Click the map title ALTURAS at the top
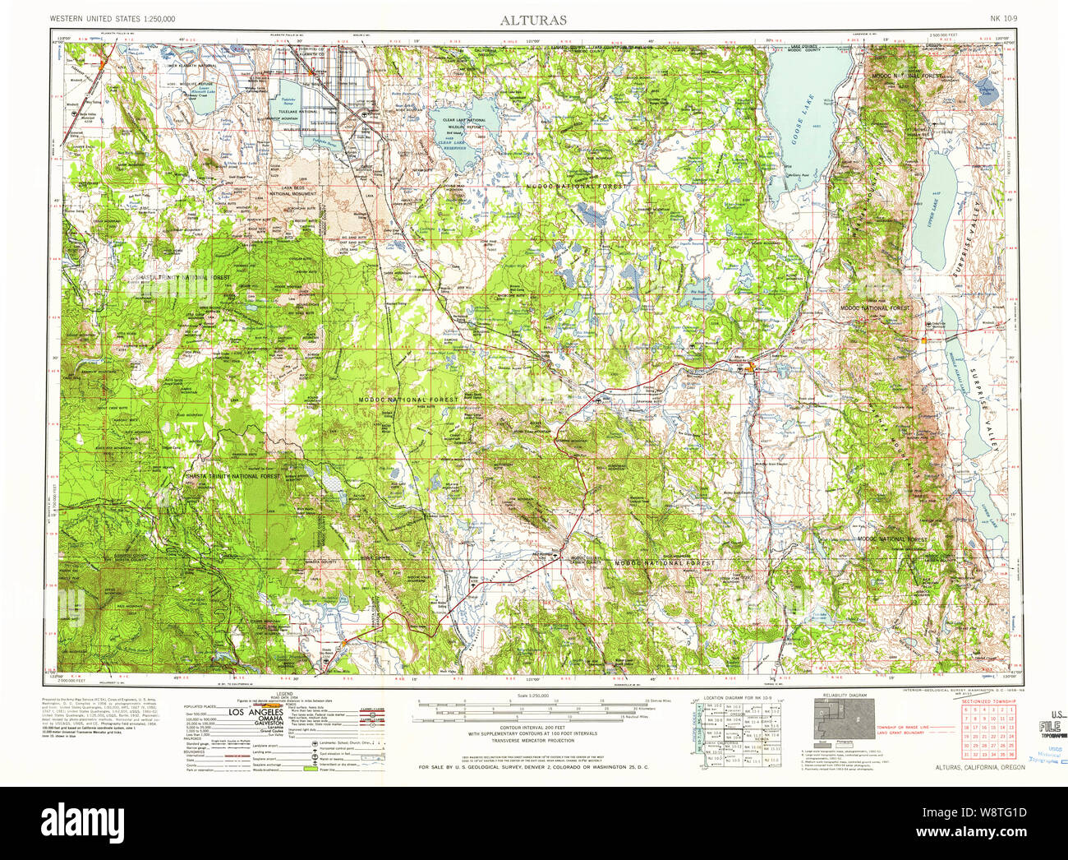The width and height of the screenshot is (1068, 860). [x=533, y=20]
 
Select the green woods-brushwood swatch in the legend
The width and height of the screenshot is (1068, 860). [x=310, y=768]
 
